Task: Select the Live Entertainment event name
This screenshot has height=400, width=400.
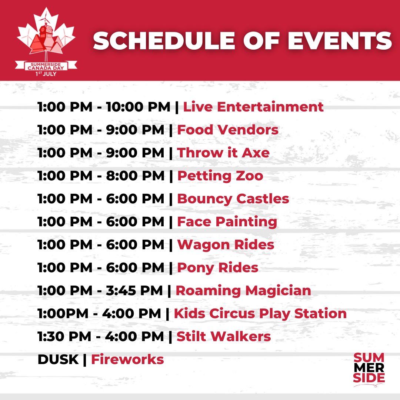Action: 253,107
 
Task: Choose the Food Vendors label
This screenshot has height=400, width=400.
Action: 228,130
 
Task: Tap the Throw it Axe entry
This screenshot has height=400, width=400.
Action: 223,153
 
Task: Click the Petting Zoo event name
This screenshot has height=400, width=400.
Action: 220,176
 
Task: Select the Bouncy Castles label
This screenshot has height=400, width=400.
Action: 233,199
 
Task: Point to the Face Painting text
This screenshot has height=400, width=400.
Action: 227,222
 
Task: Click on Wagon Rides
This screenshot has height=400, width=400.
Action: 226,245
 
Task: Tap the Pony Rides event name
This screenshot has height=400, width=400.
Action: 218,268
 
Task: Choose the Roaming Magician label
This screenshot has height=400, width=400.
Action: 243,291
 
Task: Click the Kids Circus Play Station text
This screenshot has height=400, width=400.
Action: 260,314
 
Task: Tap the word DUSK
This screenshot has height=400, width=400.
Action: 58,360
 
